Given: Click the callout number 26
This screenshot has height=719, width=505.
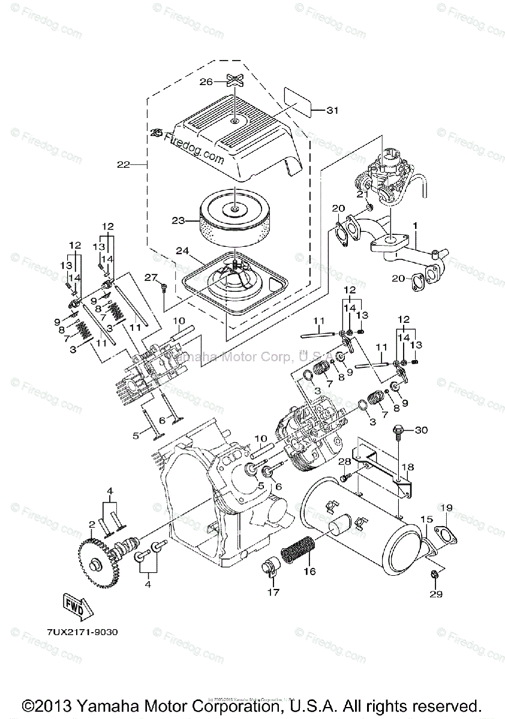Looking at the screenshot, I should click(x=206, y=83).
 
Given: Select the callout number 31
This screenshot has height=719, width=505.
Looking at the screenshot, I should click(x=332, y=110).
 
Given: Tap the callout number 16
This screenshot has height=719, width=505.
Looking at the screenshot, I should click(x=309, y=572).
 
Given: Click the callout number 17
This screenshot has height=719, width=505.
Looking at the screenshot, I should click(x=273, y=594).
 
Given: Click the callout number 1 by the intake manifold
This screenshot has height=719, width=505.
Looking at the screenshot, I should click(x=414, y=226).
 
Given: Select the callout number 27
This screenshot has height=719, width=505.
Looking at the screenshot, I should click(x=150, y=276).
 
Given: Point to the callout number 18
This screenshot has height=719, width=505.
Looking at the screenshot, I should click(x=408, y=467).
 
